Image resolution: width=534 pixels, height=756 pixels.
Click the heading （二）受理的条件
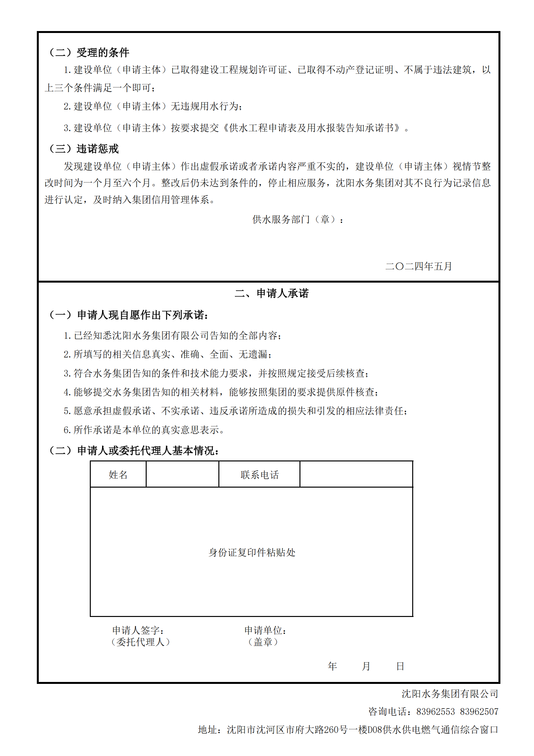coord(89,52)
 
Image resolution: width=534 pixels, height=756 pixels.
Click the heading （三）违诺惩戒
coord(84,149)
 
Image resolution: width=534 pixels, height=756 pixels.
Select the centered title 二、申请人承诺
coord(271,293)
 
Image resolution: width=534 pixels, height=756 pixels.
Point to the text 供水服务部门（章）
coord(298,219)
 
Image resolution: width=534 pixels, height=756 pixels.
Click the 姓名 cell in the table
coord(118,474)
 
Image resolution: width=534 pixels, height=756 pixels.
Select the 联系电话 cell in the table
coord(259,474)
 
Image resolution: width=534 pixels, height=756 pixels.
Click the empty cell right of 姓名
coord(182,474)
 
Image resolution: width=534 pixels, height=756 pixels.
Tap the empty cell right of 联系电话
coord(356,474)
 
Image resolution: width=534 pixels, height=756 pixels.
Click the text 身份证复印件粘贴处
coord(252,552)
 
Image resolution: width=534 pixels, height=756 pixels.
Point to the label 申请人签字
coord(138,630)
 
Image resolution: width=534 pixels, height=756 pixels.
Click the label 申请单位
coord(265,630)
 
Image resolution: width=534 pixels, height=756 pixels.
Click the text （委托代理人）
coord(141,642)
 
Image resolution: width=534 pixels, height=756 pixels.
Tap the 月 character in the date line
coord(366,666)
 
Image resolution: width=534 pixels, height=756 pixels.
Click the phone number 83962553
coord(435,712)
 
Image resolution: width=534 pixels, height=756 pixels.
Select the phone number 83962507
coord(479,712)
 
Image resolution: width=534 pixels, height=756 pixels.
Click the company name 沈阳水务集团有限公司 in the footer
coord(449,694)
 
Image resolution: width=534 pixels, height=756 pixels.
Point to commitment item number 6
coord(144,430)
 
